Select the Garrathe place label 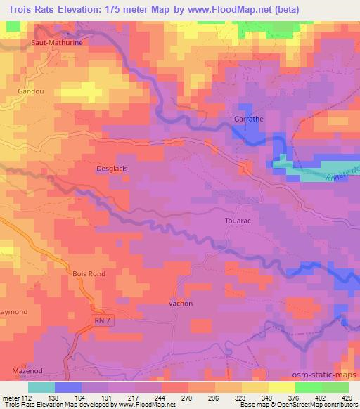coord(248,119)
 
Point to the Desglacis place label coord(111,169)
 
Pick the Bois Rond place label coord(89,273)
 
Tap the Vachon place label coord(181,304)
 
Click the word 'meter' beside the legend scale coord(11,397)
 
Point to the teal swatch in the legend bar coord(41,387)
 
